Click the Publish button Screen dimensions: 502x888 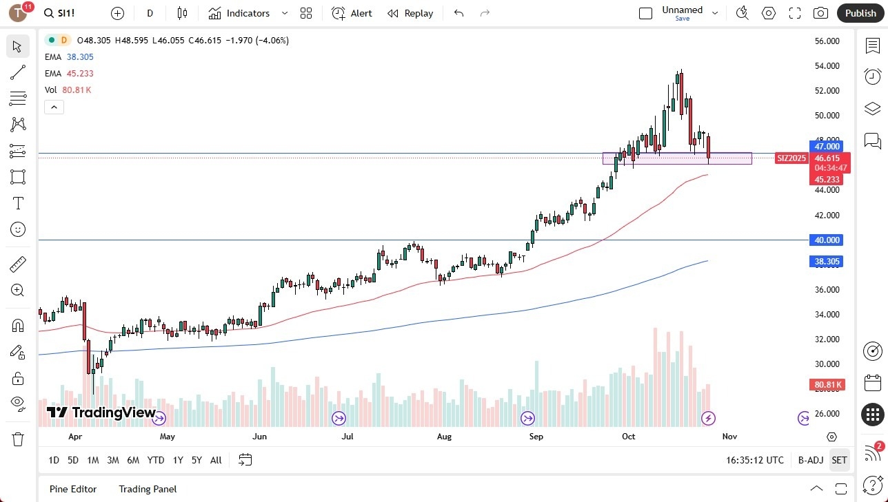(860, 13)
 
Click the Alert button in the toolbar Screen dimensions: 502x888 (352, 13)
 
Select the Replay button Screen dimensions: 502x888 (410, 13)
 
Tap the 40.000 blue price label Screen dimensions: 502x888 (827, 240)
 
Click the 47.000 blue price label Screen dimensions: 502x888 (827, 147)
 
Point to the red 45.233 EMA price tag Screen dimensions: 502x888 (827, 180)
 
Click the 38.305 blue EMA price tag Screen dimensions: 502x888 (827, 262)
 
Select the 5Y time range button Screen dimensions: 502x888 (196, 460)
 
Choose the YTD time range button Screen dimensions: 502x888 (156, 460)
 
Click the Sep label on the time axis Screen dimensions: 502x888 (536, 437)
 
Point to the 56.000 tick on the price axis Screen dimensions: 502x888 (827, 41)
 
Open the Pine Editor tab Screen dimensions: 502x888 (73, 489)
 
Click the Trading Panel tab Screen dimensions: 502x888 (148, 489)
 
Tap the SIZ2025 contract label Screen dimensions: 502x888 (791, 158)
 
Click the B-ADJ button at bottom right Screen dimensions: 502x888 (810, 460)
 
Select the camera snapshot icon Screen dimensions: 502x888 (820, 13)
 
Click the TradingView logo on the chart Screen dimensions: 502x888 (101, 412)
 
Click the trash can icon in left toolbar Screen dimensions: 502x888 (18, 439)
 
